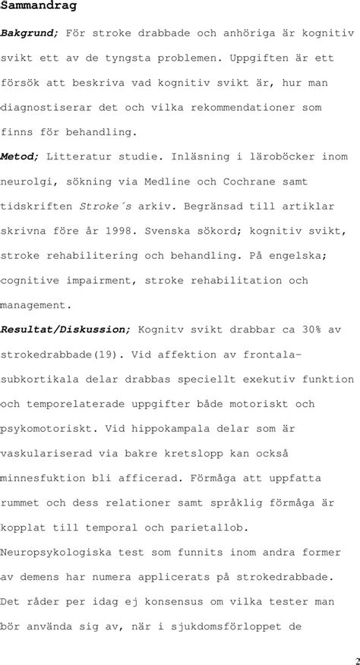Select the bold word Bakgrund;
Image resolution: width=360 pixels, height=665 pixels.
point(30,33)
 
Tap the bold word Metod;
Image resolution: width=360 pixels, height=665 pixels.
point(21,156)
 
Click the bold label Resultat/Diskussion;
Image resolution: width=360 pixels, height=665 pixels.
point(66,329)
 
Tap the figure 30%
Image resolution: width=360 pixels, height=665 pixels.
point(310,329)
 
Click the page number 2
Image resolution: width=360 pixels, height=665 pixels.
point(355,658)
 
